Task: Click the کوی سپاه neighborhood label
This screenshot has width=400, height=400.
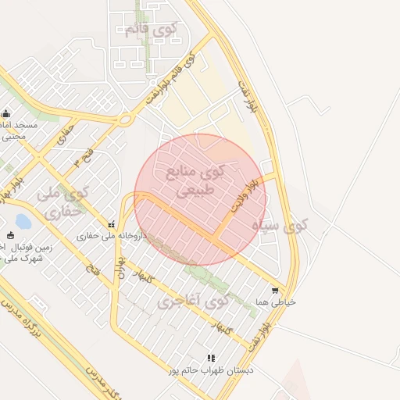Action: (280, 226)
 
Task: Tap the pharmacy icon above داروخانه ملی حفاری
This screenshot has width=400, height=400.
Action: (111, 224)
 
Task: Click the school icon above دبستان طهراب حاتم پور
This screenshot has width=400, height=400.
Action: (211, 358)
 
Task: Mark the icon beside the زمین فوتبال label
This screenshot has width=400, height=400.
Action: (9, 236)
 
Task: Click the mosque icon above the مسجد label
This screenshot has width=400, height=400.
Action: (6, 113)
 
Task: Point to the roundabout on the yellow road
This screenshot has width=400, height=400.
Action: (125, 120)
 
